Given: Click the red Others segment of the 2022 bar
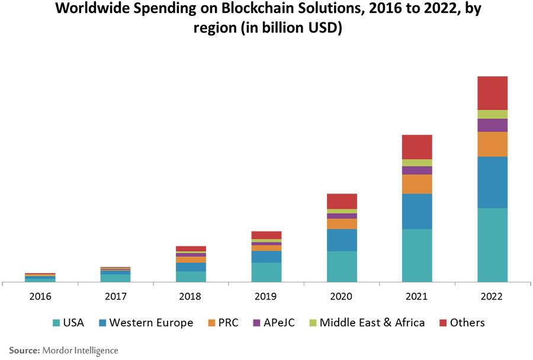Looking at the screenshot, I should coord(492,93).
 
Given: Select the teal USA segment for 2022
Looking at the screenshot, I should coord(492,245).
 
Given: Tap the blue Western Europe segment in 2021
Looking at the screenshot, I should coord(417,211).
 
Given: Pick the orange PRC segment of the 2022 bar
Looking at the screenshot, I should coord(492,144).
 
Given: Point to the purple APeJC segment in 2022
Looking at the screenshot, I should coord(492,125).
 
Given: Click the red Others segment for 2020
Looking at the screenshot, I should coord(342,201).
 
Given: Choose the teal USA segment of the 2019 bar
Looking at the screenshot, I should coord(266,272).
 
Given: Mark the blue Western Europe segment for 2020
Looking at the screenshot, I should coord(342,240).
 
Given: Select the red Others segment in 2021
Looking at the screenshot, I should coord(417,147).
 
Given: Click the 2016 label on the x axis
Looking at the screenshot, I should coord(40,296).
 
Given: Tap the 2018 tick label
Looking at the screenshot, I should coord(190,296).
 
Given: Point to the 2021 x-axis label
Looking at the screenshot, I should coord(417,296).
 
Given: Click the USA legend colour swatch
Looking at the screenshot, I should coord(56,323).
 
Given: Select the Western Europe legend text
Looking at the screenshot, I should coord(151,323).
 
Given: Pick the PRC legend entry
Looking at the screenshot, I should coord(227,323).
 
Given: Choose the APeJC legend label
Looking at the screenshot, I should coord(280,323).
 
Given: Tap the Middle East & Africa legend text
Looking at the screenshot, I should coord(372,323).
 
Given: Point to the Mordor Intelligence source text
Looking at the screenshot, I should coord(80,351).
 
